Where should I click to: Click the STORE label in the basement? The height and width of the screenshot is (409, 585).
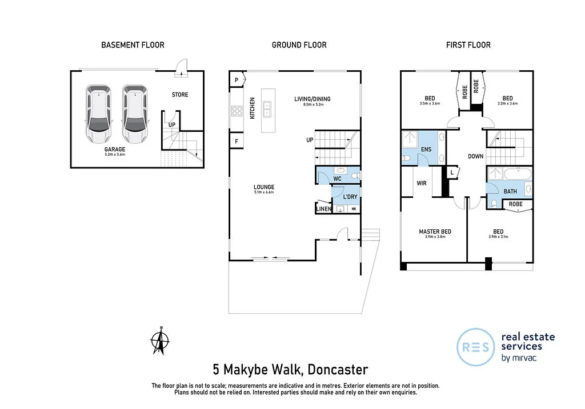[179, 95]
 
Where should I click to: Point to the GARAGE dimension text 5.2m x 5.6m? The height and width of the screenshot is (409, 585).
[114, 155]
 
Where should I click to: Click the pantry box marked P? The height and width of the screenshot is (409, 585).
[236, 80]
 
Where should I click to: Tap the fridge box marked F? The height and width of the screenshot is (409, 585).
[236, 140]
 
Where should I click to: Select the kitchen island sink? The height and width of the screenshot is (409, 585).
[267, 106]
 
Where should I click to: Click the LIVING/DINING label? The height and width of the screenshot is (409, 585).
[312, 99]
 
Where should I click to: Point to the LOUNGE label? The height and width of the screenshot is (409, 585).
[264, 187]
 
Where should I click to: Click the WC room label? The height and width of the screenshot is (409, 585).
[337, 179]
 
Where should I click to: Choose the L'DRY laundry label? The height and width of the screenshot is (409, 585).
[350, 197]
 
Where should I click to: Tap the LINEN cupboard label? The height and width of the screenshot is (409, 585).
[323, 209]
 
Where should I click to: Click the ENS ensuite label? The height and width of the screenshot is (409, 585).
[426, 149]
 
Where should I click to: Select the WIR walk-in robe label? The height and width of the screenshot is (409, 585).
[422, 184]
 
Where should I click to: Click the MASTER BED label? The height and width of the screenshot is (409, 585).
[435, 232]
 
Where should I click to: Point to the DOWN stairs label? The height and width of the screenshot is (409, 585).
[475, 156]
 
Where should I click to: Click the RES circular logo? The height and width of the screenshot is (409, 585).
[476, 347]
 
